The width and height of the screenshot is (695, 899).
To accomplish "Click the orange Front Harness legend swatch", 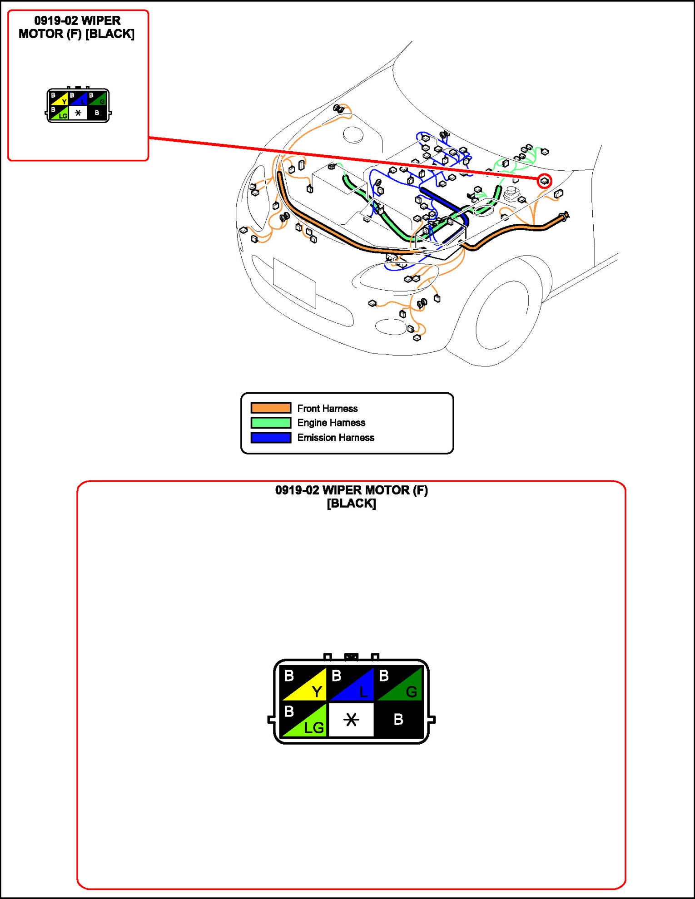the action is pos(271,408).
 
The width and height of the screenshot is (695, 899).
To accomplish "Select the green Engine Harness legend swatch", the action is pos(271,423).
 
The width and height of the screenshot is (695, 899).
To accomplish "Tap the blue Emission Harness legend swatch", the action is pos(271,438).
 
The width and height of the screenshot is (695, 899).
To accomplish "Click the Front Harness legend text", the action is pos(327,408).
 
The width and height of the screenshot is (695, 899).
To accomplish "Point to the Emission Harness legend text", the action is pos(336,438).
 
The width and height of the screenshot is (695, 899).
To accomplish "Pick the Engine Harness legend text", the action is pos(331,423).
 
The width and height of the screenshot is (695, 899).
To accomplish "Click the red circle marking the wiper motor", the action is pos(545,181).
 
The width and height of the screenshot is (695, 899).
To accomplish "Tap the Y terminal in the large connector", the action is pos(304,684).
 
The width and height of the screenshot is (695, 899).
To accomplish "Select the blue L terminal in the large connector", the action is pos(351,684).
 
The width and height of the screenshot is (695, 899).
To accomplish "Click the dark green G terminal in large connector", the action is pos(399,684).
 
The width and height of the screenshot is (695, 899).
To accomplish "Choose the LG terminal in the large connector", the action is pos(304,720).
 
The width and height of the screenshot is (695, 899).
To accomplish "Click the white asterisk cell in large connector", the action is pos(351,720).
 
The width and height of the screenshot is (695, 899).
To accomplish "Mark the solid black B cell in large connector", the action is pos(399,720).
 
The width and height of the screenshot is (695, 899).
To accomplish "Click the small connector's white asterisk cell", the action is pos(78,113).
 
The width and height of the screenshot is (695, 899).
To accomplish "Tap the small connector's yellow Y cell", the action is pos(60,99).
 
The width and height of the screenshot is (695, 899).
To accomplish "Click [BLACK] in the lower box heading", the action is pos(351,504).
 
